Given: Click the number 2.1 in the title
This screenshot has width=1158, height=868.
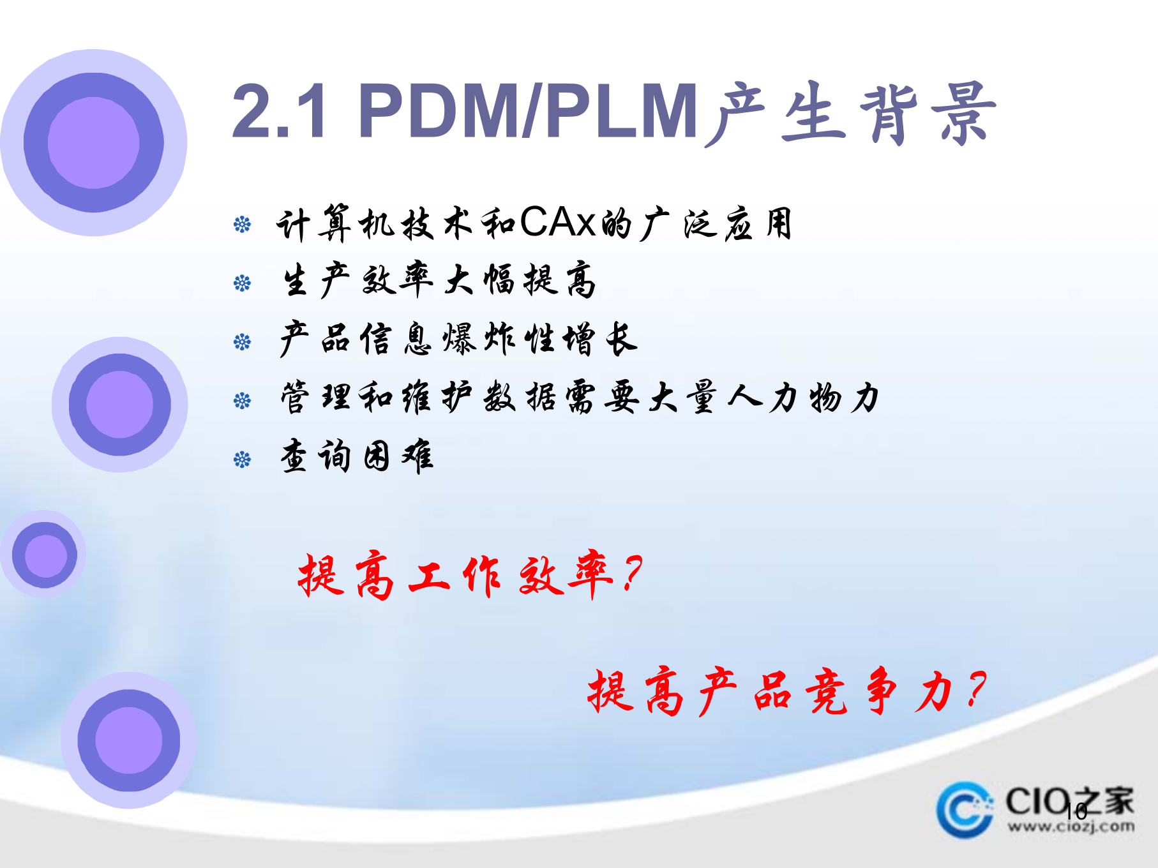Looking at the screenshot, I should pyautogui.click(x=279, y=112).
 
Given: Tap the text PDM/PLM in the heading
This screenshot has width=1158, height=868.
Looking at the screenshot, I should pyautogui.click(x=528, y=112).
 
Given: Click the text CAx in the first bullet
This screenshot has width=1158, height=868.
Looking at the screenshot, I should pyautogui.click(x=557, y=223).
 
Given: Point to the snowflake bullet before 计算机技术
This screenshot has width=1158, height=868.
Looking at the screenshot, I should pyautogui.click(x=242, y=225).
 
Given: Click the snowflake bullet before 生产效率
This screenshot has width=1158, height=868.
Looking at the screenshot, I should pyautogui.click(x=242, y=283).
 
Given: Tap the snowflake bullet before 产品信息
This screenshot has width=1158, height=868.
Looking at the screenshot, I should pyautogui.click(x=242, y=342).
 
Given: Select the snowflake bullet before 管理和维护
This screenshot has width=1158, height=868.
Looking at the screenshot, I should pyautogui.click(x=242, y=401).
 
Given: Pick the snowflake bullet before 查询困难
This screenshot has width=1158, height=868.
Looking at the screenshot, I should pyautogui.click(x=242, y=460).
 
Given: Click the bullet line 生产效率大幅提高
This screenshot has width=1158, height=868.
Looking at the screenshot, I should pyautogui.click(x=439, y=281).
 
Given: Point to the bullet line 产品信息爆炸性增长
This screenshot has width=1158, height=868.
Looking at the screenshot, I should pyautogui.click(x=458, y=339).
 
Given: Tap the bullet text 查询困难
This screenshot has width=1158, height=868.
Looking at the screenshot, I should pyautogui.click(x=357, y=456).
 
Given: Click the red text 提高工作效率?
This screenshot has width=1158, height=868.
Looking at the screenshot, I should pyautogui.click(x=470, y=575).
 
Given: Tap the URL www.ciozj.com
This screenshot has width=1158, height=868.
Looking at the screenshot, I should pyautogui.click(x=1071, y=827).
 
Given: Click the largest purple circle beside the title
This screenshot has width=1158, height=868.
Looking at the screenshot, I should pyautogui.click(x=94, y=142).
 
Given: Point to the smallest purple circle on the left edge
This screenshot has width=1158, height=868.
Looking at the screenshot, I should pyautogui.click(x=45, y=555).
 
